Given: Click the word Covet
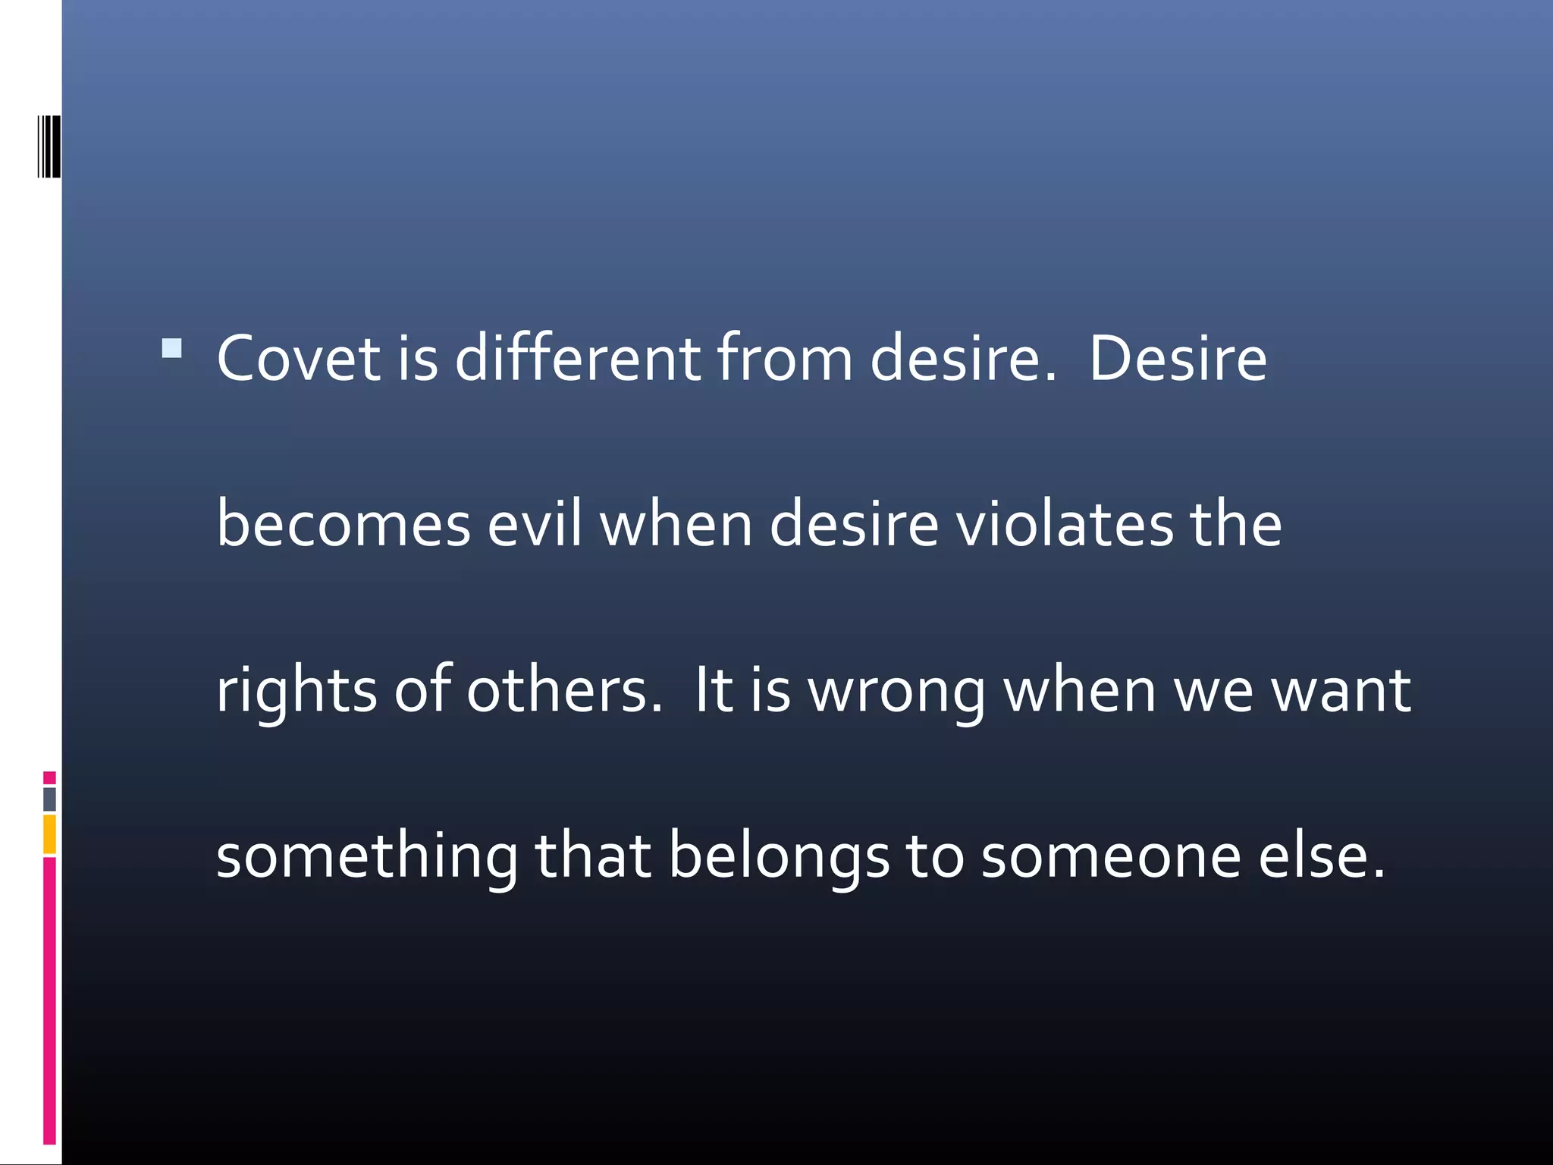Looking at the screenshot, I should (x=298, y=358).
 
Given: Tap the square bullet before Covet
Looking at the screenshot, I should (x=172, y=348).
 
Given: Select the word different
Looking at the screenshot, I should (x=578, y=358).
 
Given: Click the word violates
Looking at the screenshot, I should (x=1065, y=523).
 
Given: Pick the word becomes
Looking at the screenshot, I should (x=344, y=523).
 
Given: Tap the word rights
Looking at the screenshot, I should (x=296, y=690).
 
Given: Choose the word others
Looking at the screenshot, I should (x=564, y=690).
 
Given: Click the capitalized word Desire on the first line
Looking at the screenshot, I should (x=1178, y=358).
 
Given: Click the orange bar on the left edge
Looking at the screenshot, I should (x=49, y=834).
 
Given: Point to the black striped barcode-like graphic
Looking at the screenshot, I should (x=49, y=146).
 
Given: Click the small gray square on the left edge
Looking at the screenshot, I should (x=49, y=799).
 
